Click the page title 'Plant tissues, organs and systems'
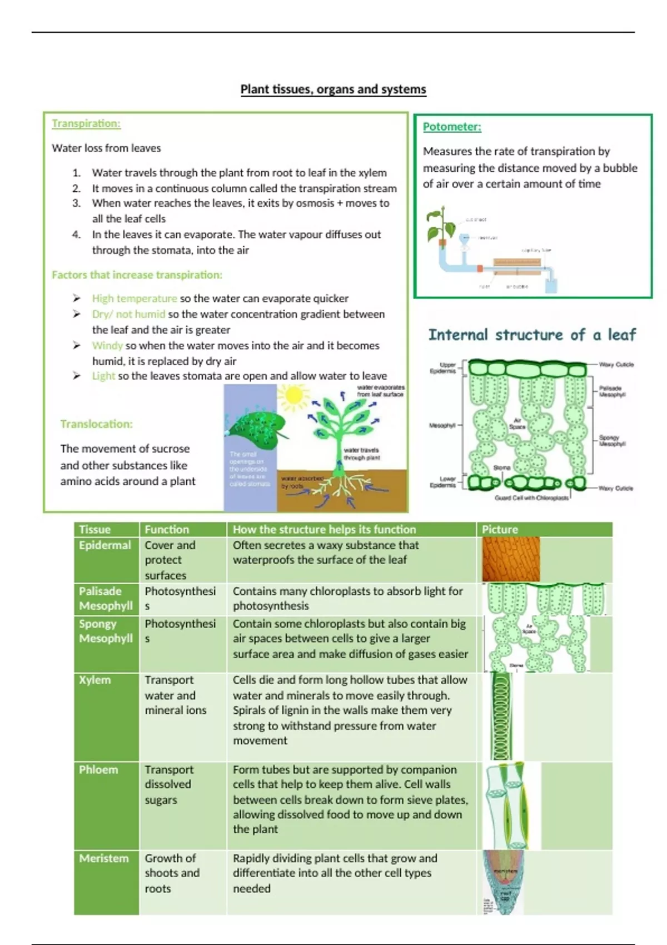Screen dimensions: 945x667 click(x=333, y=89)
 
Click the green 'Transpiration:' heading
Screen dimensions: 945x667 click(x=86, y=123)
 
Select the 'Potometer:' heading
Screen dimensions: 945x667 click(x=452, y=127)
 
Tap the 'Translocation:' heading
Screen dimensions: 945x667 click(x=96, y=424)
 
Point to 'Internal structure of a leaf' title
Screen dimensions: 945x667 click(x=532, y=335)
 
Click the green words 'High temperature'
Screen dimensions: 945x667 click(x=135, y=299)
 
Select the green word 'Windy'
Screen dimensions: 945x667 click(x=107, y=345)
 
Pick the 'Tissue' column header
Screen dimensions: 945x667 click(x=94, y=529)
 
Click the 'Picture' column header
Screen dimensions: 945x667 click(x=499, y=529)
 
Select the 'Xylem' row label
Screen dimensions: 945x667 click(x=94, y=680)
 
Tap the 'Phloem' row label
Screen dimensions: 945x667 click(x=98, y=770)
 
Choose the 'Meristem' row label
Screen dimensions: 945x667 click(x=103, y=858)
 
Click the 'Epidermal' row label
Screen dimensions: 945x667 click(x=104, y=545)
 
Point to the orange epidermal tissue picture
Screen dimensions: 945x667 click(x=511, y=559)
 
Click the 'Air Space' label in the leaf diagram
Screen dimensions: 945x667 click(x=517, y=424)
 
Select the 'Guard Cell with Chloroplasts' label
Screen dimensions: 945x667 click(x=531, y=498)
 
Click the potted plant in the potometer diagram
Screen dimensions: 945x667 click(x=442, y=230)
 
